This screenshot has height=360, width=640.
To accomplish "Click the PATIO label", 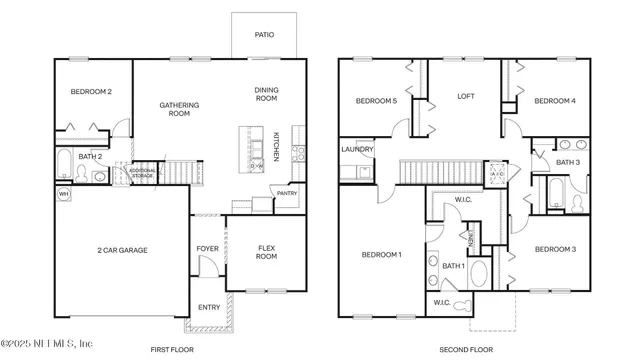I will pyautogui.click(x=263, y=34).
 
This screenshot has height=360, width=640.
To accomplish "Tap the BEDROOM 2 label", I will pyautogui.click(x=90, y=92).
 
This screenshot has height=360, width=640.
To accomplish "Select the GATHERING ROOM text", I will pyautogui.click(x=180, y=109).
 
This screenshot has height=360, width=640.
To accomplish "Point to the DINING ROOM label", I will pyautogui.click(x=266, y=94).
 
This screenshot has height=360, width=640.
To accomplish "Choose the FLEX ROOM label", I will pyautogui.click(x=266, y=252).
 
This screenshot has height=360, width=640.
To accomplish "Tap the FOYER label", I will pyautogui.click(x=207, y=249).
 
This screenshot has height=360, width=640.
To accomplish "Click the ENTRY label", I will pyautogui.click(x=209, y=307).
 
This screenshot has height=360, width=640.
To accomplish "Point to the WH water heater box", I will pyautogui.click(x=62, y=193).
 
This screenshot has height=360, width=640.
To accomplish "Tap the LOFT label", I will pyautogui.click(x=465, y=96).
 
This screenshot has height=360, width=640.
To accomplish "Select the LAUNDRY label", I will pyautogui.click(x=357, y=150).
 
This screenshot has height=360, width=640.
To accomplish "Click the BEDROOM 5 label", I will pyautogui.click(x=377, y=101).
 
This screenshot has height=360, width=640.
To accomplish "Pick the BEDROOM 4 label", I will pyautogui.click(x=554, y=101).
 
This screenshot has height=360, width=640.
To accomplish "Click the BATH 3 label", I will pyautogui.click(x=568, y=162).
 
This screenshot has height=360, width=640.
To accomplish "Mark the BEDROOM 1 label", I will pyautogui.click(x=380, y=254).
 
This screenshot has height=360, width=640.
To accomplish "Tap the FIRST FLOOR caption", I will pyautogui.click(x=171, y=349).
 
